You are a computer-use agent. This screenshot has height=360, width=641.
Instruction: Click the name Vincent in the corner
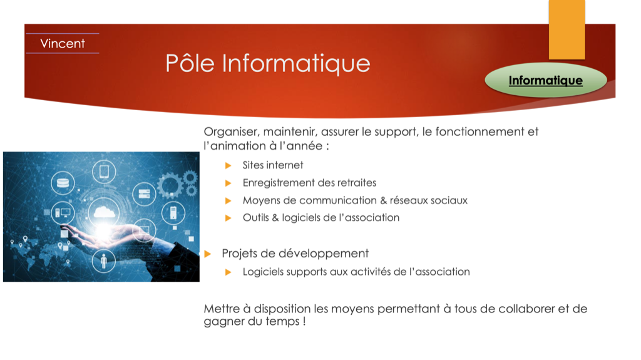tap(63, 43)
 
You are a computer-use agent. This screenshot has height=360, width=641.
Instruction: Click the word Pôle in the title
tap(190, 63)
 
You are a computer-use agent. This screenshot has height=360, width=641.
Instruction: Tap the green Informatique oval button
tap(546, 80)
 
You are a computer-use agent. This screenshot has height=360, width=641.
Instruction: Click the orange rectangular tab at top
tap(567, 29)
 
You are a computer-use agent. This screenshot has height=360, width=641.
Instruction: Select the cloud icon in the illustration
tap(104, 212)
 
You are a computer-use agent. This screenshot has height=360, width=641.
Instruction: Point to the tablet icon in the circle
tap(104, 172)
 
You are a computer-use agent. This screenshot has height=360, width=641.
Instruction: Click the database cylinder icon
tap(63, 183)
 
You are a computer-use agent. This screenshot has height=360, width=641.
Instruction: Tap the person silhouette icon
tap(103, 260)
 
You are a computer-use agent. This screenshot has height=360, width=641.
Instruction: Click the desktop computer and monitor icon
tap(63, 213)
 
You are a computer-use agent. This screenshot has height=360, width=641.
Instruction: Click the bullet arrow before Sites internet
tap(228, 165)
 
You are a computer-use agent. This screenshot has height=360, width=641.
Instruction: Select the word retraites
tap(356, 182)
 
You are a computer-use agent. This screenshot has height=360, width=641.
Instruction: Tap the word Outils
tap(256, 218)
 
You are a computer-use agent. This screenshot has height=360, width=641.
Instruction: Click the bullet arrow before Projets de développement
tap(208, 254)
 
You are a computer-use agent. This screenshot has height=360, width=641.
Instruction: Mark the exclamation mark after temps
tap(304, 321)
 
